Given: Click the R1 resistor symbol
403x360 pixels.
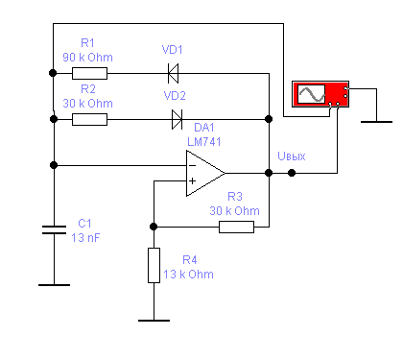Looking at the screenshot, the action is point(89,73).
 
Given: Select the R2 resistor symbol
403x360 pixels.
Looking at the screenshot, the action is point(89,119).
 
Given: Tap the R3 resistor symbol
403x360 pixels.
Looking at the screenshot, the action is point(236,227).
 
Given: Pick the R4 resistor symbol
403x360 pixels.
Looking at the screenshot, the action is point(154,265).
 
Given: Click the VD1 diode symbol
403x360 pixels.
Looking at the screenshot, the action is point(173,73).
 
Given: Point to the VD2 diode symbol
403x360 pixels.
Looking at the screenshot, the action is point(177,119).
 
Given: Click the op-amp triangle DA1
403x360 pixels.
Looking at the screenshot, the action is point(205,173).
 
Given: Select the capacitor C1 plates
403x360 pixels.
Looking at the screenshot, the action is point(54,229).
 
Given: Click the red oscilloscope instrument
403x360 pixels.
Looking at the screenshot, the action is point(320,94).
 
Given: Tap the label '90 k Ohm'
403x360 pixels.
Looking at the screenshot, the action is point(88,58).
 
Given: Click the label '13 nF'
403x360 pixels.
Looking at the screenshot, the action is point(85,238).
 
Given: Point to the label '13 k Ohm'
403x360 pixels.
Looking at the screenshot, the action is point(188,275).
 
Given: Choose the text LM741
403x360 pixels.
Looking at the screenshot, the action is point(204,142).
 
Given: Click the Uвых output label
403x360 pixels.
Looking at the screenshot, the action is point(292,156).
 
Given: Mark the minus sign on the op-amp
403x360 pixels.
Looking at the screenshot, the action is point(192,165).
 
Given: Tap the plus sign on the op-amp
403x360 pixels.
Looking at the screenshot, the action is point(192,181).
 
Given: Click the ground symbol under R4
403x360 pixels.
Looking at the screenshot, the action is point(154,321).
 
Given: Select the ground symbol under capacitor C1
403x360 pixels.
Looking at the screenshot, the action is point(54,285).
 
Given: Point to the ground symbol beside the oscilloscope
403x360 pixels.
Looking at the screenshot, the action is point(376,122).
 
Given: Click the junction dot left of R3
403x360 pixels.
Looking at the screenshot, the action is point(154,227).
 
